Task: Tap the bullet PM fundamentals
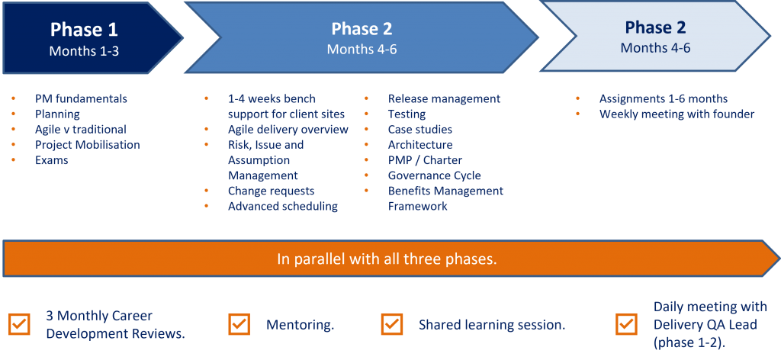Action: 81,99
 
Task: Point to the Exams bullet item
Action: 51,160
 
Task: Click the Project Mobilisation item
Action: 87,145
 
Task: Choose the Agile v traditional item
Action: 80,130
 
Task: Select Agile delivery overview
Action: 288,130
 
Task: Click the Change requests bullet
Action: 271,191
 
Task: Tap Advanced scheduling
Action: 282,206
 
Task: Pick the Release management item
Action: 444,99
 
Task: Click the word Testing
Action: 407,114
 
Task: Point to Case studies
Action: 419,130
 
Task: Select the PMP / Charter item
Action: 420,160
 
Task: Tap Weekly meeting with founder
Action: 677,114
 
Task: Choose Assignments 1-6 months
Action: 663,99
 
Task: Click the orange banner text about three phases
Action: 387,259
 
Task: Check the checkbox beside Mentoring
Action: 239,324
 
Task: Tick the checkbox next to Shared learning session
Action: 391,324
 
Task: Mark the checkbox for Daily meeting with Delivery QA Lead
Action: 626,324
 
